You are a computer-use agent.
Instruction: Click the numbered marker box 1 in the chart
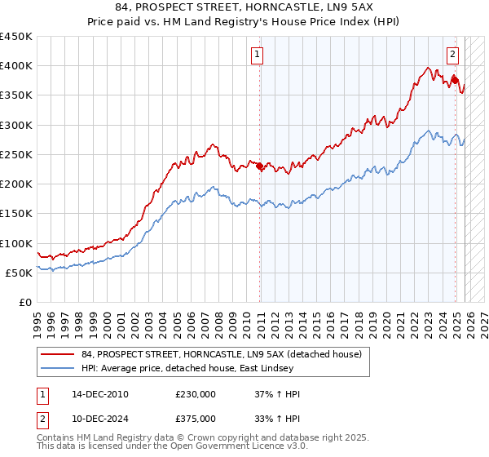pos(257,55)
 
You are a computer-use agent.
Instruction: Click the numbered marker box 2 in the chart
pos(452,55)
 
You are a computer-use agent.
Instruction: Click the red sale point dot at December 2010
pos(260,166)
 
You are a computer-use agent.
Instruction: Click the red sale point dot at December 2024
pos(455,81)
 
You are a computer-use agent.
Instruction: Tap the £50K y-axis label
pos(20,273)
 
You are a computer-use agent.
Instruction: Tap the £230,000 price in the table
pos(196,394)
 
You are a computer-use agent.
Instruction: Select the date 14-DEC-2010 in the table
pos(99,394)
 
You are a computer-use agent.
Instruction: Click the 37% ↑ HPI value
pos(277,394)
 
